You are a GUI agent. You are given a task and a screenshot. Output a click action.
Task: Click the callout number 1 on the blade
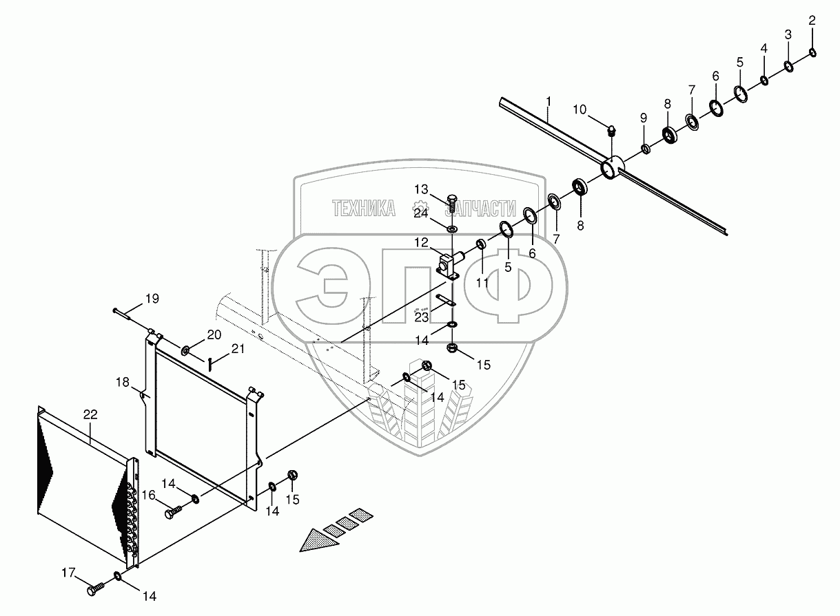[x=548, y=103]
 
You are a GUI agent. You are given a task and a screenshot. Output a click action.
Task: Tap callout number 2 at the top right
[x=812, y=21]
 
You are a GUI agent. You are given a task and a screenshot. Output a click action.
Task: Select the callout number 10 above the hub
[x=580, y=109]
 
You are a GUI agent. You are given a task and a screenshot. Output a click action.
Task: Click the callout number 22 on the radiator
[x=90, y=414]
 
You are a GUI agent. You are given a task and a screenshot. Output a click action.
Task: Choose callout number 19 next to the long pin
[x=151, y=299]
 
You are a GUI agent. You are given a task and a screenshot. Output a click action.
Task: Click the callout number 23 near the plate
[x=421, y=316]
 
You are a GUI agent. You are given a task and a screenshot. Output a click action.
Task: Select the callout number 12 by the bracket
[x=422, y=243]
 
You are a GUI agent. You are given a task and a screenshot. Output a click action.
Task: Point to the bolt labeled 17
[x=96, y=588]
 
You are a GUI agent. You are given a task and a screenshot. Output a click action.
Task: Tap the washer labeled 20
[x=186, y=352]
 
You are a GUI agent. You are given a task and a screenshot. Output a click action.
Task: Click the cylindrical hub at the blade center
[x=611, y=168]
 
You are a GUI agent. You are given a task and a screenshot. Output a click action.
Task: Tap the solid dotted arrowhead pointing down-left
[x=316, y=540]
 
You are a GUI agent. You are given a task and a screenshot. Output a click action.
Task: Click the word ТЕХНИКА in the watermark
[x=364, y=209]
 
